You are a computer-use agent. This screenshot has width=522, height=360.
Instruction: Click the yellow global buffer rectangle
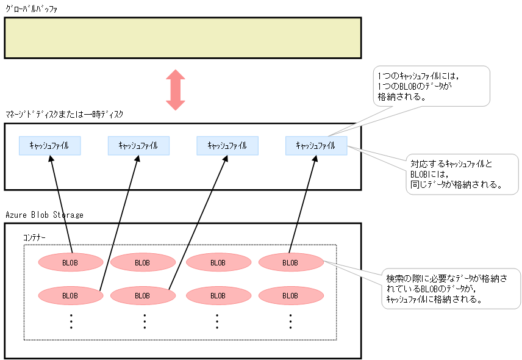coord(183,37)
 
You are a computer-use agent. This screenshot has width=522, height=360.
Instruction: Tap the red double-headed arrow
coord(176,90)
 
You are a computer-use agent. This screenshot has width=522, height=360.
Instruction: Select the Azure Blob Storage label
coord(45,215)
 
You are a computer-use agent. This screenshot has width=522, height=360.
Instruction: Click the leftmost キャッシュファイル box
coord(49,145)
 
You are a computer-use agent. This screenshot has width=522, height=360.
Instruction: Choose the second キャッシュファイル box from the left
coord(138,145)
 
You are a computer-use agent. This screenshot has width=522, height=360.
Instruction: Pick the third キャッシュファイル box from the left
coord(227,145)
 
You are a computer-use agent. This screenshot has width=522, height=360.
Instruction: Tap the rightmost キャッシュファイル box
coord(315,145)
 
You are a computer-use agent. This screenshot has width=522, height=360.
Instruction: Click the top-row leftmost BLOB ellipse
coord(70,262)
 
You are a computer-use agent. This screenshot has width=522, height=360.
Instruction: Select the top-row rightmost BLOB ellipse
coord(290,262)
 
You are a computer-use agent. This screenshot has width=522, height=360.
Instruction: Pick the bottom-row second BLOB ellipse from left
coord(142,295)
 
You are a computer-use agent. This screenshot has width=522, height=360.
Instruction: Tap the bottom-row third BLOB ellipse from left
coord(218,295)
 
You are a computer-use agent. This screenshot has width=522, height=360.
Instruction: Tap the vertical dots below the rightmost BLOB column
coord(291,321)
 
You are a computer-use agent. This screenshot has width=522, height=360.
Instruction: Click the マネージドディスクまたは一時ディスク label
coord(64,115)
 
